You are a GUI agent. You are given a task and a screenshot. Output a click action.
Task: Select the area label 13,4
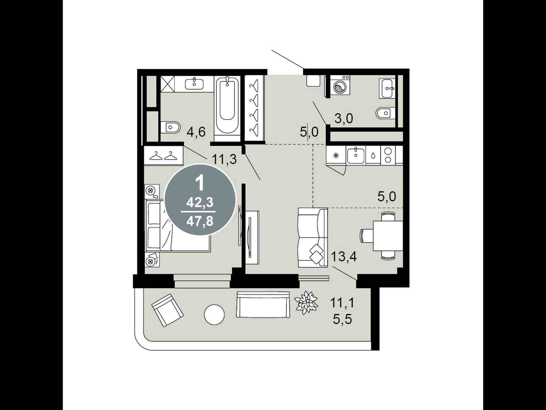[x=344, y=257]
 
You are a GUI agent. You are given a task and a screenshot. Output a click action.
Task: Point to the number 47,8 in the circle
[x=200, y=221]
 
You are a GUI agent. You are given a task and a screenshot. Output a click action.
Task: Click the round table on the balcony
[x=214, y=315]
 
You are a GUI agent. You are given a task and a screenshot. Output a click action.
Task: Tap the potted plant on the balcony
[x=306, y=302]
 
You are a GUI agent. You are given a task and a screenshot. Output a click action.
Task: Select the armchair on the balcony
[x=167, y=310]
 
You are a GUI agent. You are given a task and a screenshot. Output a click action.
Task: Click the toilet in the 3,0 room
[x=385, y=113]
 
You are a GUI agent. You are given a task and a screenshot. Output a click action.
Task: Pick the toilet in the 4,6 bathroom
[x=170, y=127]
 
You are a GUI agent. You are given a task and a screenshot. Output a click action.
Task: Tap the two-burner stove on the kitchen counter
[x=388, y=155]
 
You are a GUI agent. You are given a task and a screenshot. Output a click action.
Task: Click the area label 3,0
[x=344, y=118]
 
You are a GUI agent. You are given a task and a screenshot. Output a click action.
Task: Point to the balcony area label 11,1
[x=342, y=303]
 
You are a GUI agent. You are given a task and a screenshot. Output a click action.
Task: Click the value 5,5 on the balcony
[x=342, y=319]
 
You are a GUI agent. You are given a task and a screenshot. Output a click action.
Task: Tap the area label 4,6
[x=196, y=132]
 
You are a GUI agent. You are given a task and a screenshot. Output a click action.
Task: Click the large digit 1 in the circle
[x=200, y=183]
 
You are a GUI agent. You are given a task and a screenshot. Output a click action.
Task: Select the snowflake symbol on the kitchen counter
[x=336, y=155]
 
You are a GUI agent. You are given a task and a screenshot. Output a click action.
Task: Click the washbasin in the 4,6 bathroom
[x=194, y=84]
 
